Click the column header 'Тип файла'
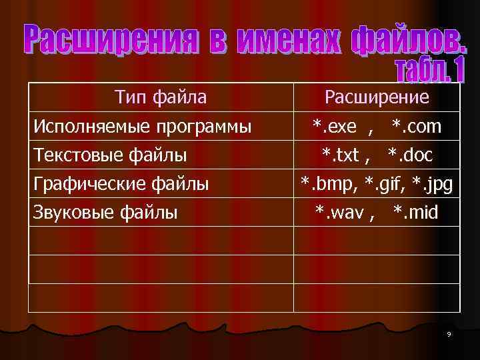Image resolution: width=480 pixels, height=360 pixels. (161, 98)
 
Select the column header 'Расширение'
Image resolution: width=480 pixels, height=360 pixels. (377, 98)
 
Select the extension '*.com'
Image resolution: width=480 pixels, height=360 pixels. (416, 127)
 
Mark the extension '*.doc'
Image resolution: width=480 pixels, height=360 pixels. (410, 155)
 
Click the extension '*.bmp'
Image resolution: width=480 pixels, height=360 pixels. (326, 184)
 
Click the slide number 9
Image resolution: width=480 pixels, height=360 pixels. (449, 334)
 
